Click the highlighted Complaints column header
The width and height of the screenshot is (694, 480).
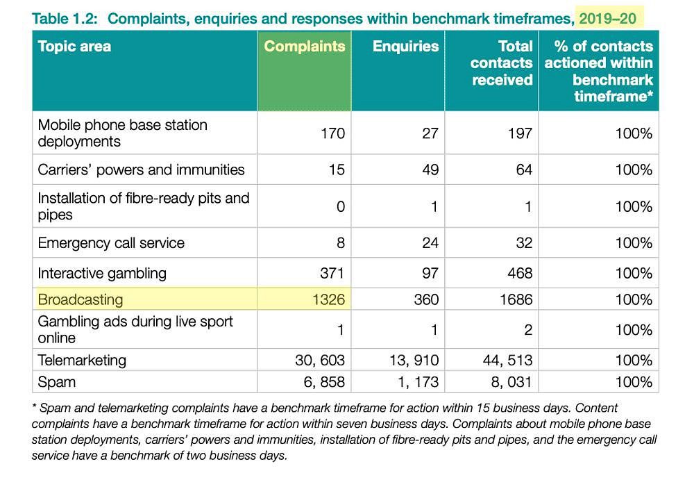(305, 46)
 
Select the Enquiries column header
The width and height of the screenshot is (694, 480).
(405, 46)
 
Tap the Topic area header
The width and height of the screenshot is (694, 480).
(74, 46)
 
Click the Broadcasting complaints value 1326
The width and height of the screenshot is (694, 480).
(328, 299)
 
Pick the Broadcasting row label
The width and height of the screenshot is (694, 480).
(81, 299)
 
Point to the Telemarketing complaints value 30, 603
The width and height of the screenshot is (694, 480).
(320, 360)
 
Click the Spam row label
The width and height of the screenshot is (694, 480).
(57, 382)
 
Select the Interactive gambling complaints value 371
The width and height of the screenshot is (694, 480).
(332, 273)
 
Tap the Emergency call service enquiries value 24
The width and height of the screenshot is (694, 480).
(430, 243)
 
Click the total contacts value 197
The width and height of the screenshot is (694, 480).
(520, 133)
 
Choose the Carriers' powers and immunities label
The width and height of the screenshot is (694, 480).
(141, 169)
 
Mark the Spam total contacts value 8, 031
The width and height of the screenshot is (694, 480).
(511, 382)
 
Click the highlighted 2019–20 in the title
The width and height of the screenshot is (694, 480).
(608, 19)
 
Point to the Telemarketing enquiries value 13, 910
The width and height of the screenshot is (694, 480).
(414, 360)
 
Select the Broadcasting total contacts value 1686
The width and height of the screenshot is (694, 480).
(516, 299)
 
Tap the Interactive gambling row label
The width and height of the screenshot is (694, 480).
(102, 273)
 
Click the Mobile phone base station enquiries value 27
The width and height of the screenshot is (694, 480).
(430, 133)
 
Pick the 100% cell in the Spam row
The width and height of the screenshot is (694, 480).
(634, 382)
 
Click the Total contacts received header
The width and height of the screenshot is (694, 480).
(502, 63)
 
